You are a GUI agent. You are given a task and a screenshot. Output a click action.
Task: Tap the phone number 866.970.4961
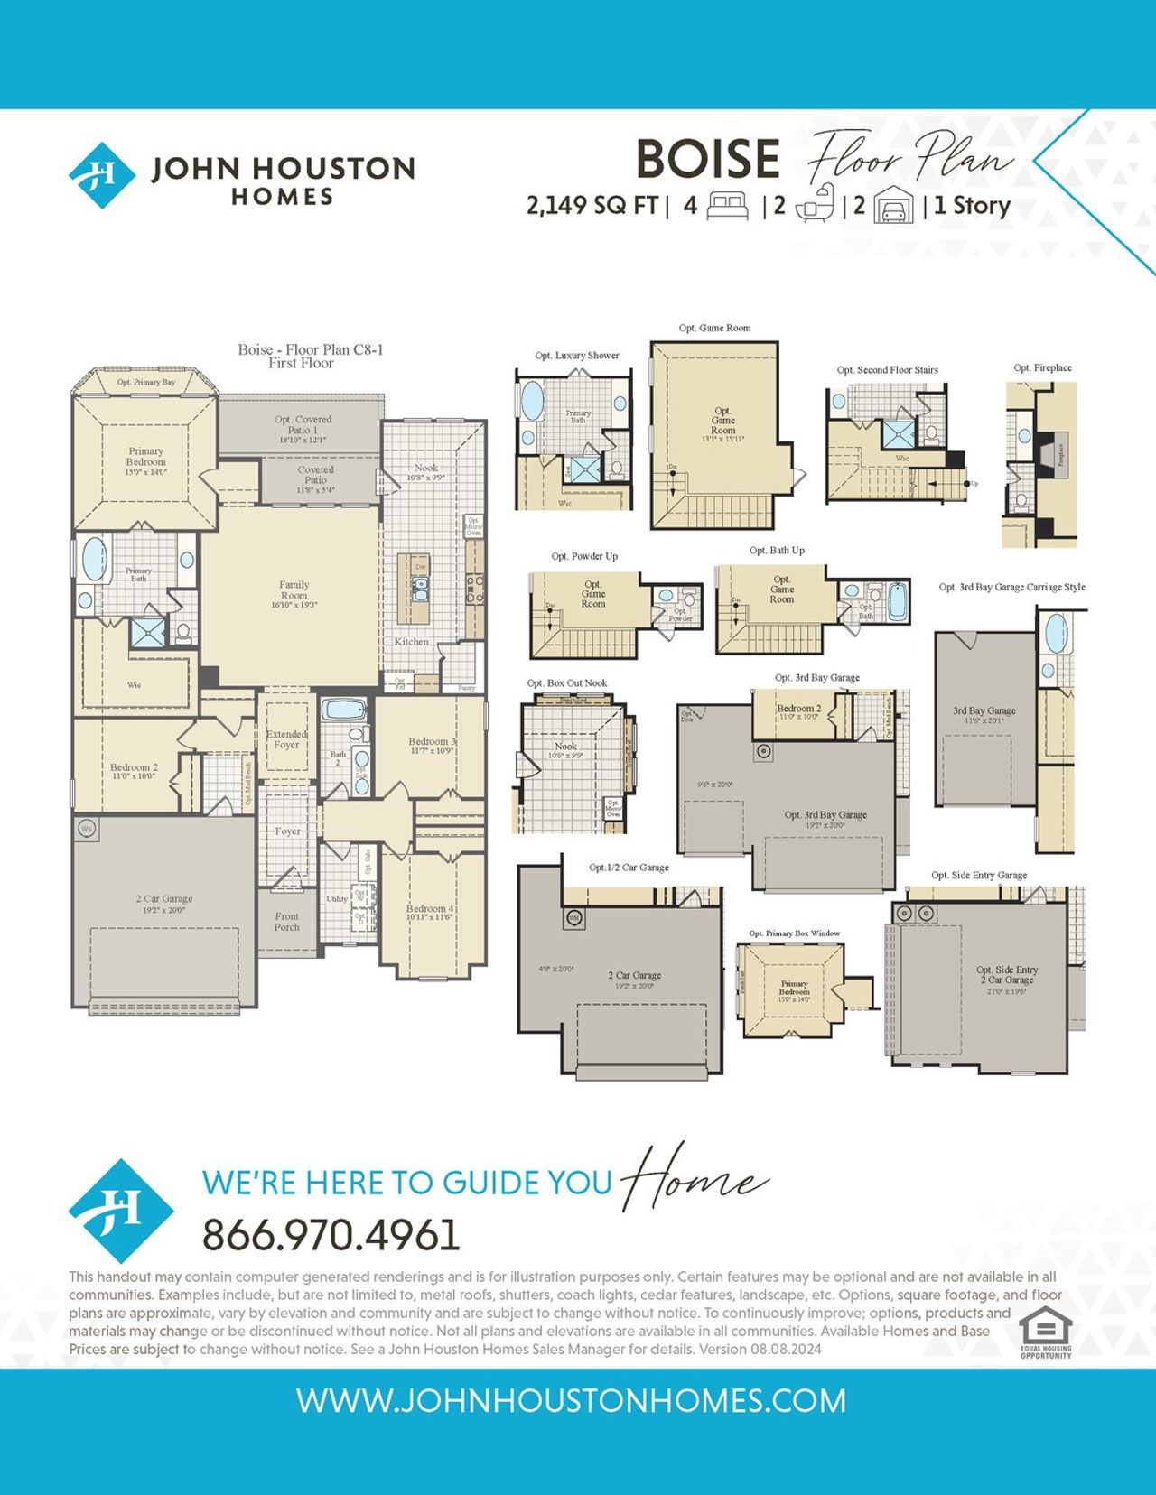coord(331,1235)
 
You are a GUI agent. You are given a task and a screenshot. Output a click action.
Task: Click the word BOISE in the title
coord(707,159)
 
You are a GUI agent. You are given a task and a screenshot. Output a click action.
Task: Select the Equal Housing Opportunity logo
coord(1046,1332)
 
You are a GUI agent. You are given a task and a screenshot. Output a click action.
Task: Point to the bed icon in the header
coord(727,206)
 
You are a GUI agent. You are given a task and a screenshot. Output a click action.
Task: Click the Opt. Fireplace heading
coord(1042,368)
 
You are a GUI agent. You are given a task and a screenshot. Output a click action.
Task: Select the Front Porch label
coord(286,922)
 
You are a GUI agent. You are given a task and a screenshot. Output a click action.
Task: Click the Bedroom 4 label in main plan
coord(429,912)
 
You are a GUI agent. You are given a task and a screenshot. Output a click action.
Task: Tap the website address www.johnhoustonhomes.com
coord(571,1401)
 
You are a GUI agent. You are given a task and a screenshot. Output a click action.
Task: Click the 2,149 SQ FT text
coord(592,206)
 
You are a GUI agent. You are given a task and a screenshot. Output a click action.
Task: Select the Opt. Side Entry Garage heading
coord(979,876)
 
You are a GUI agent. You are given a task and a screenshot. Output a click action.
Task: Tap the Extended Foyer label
coord(286,739)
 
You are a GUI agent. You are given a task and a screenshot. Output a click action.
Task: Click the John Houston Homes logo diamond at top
coord(102,174)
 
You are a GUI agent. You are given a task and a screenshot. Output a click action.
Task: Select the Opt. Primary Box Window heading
coord(794,933)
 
